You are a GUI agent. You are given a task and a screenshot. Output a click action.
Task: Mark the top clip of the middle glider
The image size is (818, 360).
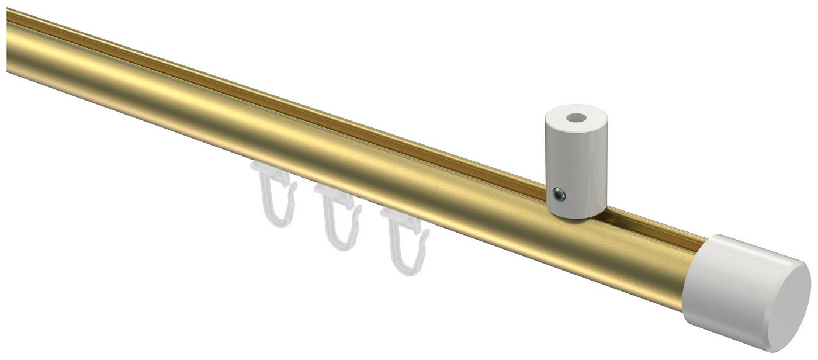(333, 193)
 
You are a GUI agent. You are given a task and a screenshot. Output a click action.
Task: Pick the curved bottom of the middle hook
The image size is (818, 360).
(344, 246)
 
